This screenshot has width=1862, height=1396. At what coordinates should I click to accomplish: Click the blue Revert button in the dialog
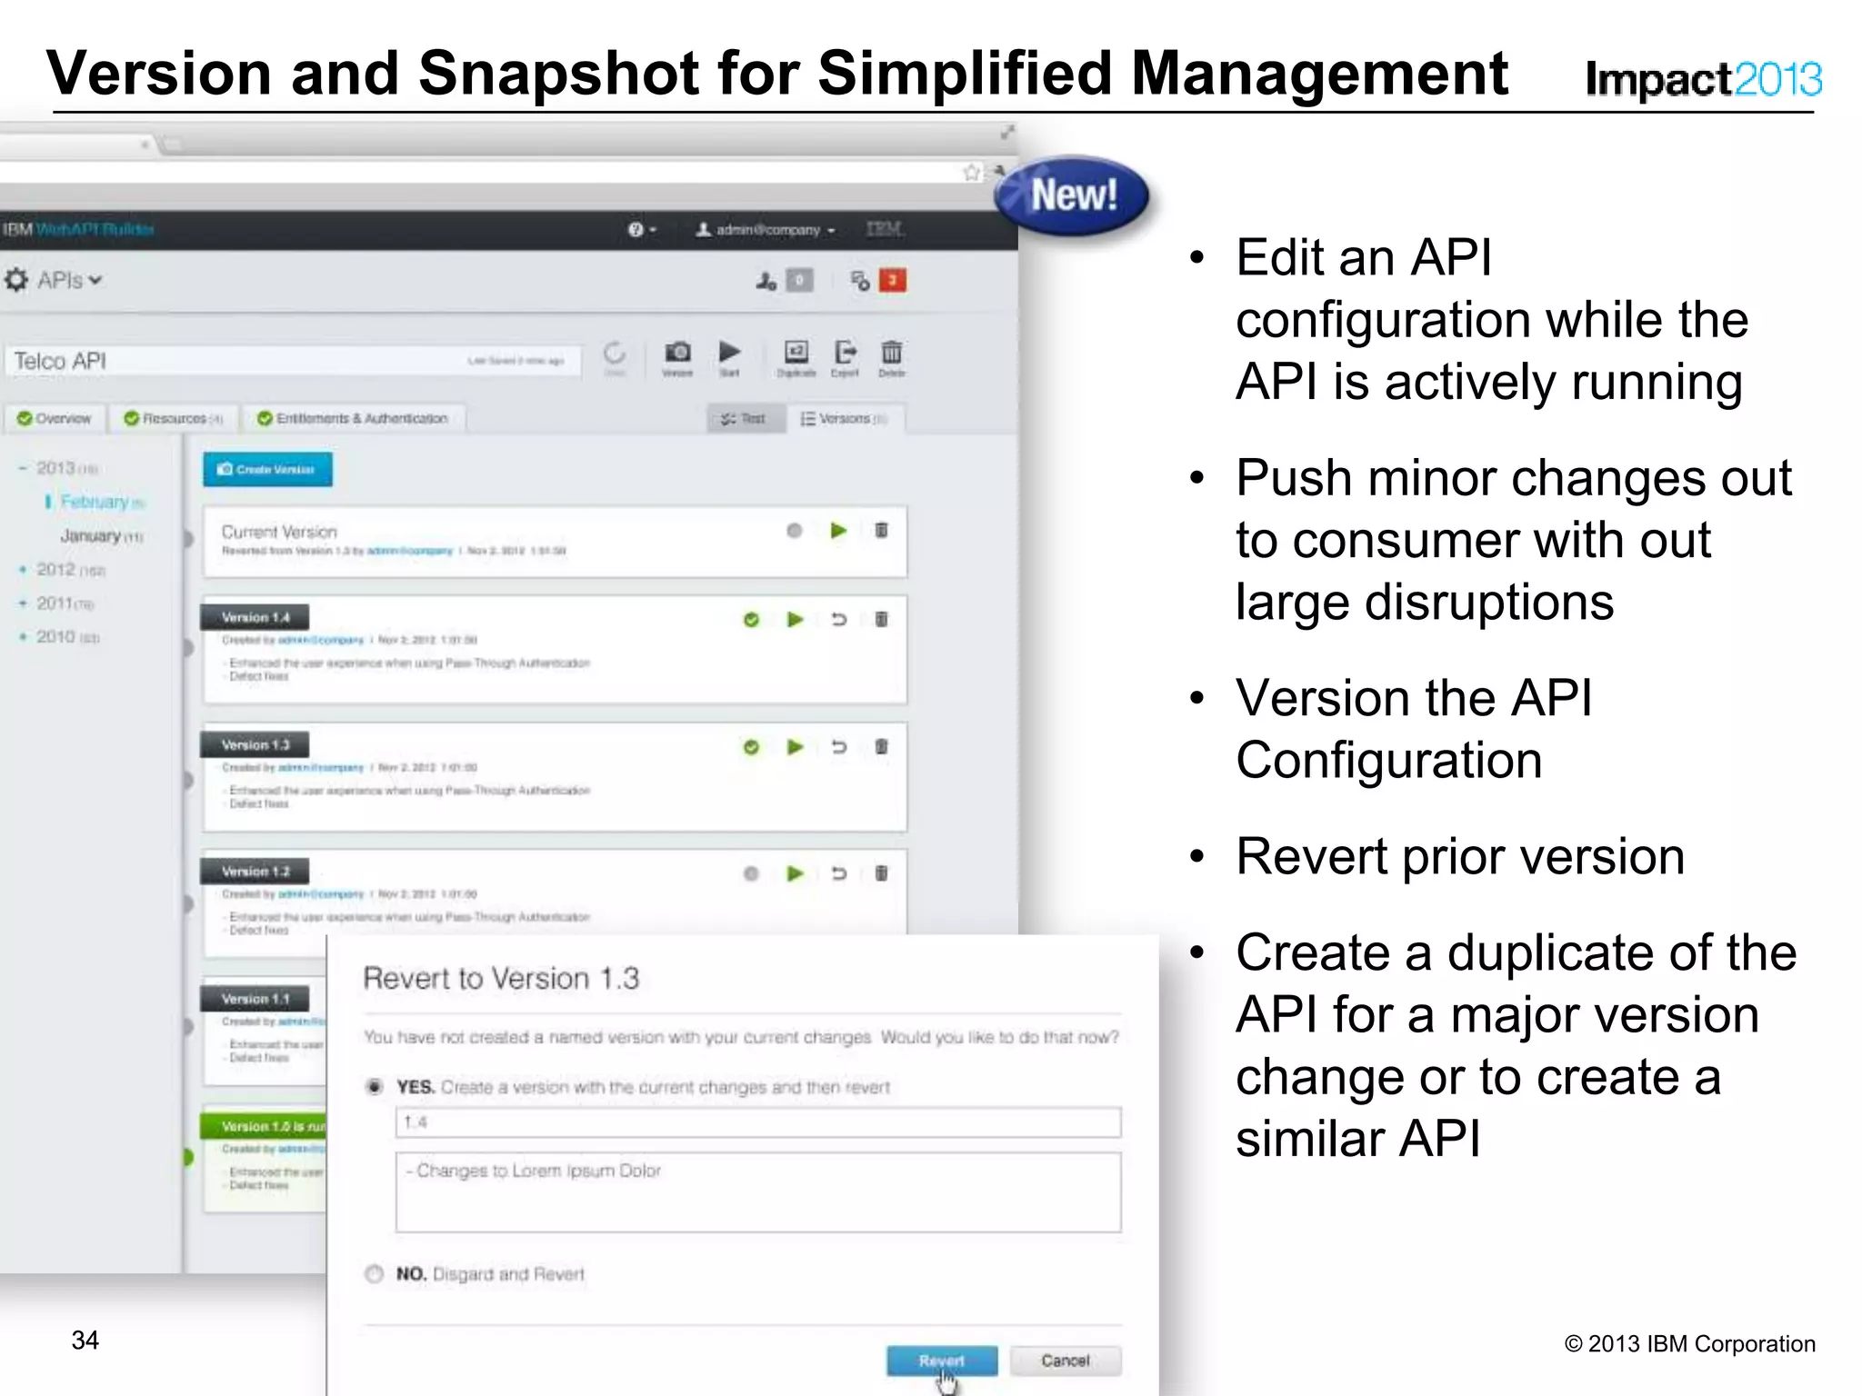941,1361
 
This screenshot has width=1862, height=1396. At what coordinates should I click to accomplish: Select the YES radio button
374,1087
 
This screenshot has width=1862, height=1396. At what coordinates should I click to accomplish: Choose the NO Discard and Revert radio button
374,1273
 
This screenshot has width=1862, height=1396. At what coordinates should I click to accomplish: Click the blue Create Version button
267,470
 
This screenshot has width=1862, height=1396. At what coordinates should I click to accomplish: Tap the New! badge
1073,195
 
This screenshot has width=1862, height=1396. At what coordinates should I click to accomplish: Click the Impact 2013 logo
1703,79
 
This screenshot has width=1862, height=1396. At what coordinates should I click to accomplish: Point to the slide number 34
85,1340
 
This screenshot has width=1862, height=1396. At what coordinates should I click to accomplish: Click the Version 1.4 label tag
255,618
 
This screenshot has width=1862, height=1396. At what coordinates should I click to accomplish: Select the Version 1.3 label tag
255,745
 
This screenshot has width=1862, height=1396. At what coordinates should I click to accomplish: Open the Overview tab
55,418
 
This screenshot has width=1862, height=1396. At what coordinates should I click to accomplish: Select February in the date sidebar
95,502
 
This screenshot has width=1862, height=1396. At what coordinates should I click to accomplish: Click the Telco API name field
291,361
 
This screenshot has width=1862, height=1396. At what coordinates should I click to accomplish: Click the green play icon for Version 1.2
796,873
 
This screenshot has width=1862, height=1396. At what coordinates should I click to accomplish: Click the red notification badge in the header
893,280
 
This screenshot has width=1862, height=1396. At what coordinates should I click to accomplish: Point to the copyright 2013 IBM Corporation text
1689,1343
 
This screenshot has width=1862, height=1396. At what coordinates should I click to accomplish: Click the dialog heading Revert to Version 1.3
501,978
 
